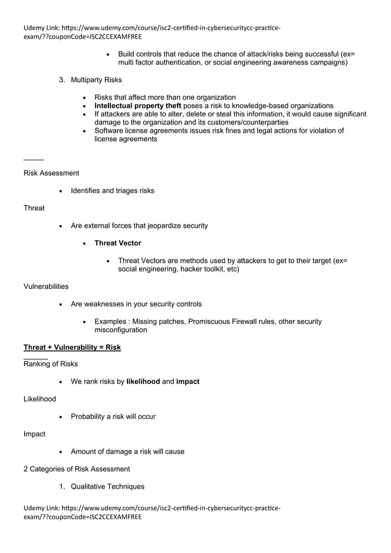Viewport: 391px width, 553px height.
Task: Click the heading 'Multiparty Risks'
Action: coord(96,80)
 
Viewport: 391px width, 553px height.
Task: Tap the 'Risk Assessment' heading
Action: coord(51,173)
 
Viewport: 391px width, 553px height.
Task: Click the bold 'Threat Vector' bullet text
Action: coord(118,243)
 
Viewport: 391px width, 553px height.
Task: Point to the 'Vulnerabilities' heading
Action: coord(46,286)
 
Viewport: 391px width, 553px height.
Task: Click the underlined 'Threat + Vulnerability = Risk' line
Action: coord(72,347)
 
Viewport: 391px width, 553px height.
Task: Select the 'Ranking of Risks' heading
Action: coord(50,364)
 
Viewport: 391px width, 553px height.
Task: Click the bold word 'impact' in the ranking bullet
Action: coord(188,381)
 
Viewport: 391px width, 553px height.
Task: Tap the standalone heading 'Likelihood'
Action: coord(39,399)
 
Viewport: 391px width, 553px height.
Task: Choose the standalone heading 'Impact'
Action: coord(34,434)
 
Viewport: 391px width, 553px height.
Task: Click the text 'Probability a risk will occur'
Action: coord(113,417)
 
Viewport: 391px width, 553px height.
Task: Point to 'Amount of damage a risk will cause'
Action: coord(127,452)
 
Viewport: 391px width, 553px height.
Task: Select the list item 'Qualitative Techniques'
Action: coord(108,487)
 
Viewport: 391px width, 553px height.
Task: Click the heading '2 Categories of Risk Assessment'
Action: coord(77,469)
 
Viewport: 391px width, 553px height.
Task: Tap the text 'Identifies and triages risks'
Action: coord(113,191)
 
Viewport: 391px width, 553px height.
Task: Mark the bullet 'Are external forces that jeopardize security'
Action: coord(139,226)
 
